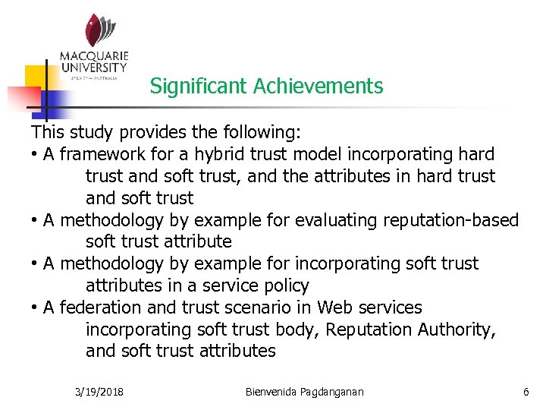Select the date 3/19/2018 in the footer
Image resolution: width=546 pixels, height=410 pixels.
coord(100,392)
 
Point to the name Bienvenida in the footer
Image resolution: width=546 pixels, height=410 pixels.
coord(275,392)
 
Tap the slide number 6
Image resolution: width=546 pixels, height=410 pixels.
coord(526,392)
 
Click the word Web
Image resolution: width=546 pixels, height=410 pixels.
coord(336,307)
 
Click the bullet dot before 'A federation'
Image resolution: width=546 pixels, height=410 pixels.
coord(35,308)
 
